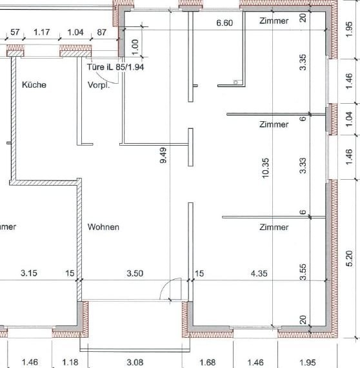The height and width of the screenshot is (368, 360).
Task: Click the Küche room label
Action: coord(34,84)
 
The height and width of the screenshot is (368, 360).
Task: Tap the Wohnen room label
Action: coord(103,227)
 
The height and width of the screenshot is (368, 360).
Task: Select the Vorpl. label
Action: coord(99,85)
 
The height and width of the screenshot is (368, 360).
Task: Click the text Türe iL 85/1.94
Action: coord(115,67)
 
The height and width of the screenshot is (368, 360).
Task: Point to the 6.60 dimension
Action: coord(225,23)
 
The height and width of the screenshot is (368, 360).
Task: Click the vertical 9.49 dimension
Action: coord(163,155)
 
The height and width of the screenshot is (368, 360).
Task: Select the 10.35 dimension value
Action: coord(265,168)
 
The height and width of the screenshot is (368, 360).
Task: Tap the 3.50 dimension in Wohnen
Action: coord(135,273)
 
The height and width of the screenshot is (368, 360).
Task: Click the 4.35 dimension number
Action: coord(259,273)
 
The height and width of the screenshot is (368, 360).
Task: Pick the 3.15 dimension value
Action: coord(29,273)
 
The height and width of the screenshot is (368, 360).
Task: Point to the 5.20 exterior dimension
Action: coord(350,258)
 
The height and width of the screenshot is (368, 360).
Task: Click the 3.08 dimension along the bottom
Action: coord(135,362)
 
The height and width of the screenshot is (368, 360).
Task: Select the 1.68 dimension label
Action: coord(208,362)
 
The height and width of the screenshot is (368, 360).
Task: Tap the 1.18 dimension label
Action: coord(70,362)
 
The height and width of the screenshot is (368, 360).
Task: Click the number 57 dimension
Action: coord(15,32)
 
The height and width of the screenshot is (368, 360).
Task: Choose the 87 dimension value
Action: coord(101,32)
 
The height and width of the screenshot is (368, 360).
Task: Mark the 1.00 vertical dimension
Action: coord(135,47)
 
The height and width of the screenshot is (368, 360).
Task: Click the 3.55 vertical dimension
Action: coord(303,272)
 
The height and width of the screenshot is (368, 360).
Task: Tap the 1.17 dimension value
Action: coord(42,32)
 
